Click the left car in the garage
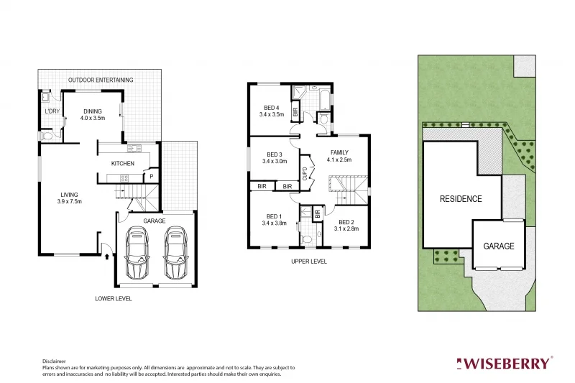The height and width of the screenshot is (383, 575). pyautogui.click(x=137, y=254)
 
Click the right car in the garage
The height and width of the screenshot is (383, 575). pyautogui.click(x=175, y=254)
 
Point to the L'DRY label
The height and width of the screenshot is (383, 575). pyautogui.click(x=52, y=111)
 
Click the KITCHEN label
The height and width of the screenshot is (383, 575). pyautogui.click(x=122, y=164)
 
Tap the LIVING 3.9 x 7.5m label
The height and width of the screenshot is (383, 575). pyautogui.click(x=70, y=197)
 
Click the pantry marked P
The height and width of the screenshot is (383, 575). pyautogui.click(x=151, y=175)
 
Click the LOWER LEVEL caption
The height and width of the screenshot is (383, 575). pyautogui.click(x=114, y=298)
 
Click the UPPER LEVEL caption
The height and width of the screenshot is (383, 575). pyautogui.click(x=309, y=262)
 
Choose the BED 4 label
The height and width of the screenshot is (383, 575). pyautogui.click(x=272, y=111)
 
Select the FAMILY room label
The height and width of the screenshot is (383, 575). pyautogui.click(x=339, y=156)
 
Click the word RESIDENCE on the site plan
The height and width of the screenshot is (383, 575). pyautogui.click(x=461, y=199)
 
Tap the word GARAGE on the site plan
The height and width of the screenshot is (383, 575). pyautogui.click(x=498, y=246)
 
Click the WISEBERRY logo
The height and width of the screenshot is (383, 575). pyautogui.click(x=506, y=363)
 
